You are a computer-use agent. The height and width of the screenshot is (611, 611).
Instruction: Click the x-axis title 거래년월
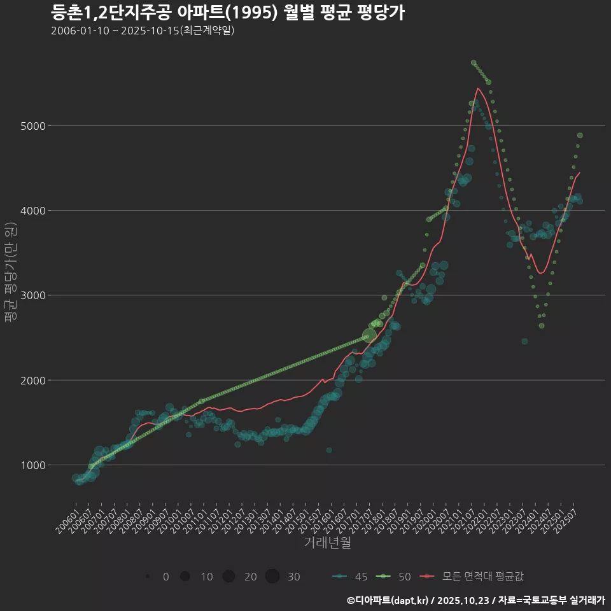[327, 543]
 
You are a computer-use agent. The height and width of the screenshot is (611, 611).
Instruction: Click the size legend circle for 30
[272, 577]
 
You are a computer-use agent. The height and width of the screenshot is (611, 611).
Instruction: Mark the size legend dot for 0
[148, 577]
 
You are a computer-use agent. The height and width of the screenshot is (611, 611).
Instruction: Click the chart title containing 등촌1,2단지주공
[227, 13]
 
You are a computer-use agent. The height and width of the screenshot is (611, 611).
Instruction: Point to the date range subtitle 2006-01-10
[143, 31]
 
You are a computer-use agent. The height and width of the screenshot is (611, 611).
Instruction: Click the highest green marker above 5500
[474, 62]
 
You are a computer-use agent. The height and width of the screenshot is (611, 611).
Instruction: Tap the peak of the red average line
[478, 88]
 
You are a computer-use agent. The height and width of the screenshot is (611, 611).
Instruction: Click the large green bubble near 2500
[370, 335]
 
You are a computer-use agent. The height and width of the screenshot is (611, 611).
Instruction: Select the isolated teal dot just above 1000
[329, 450]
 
